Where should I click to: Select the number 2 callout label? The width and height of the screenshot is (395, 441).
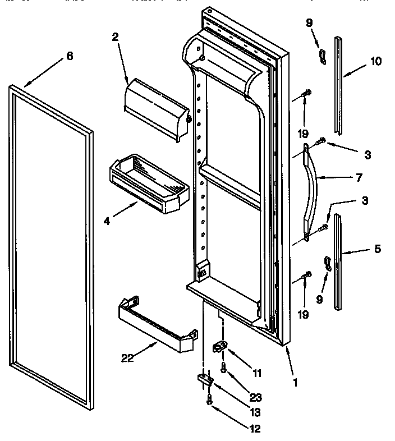click(114, 38)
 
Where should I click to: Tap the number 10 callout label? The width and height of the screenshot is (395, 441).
click(376, 62)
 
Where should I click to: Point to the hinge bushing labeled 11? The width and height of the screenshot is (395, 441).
click(219, 348)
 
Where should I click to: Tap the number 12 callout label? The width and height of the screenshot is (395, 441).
click(255, 430)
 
